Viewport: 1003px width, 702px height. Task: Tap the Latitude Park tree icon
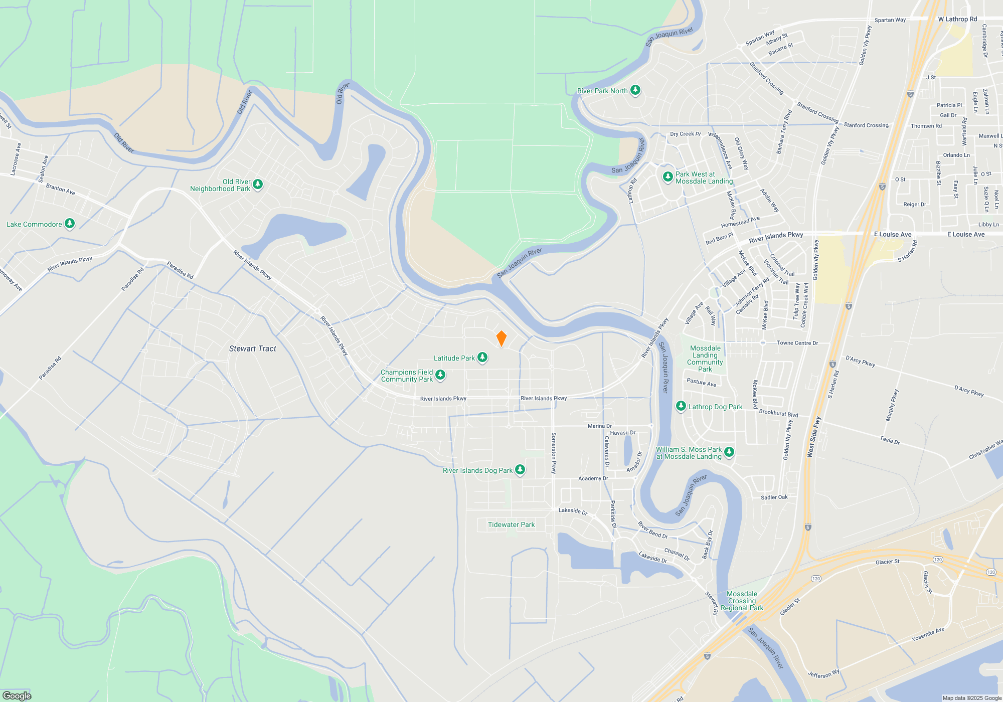pos(482,358)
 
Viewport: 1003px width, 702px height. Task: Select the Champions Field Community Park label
pos(407,376)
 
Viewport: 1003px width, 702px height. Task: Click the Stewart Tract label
pos(253,348)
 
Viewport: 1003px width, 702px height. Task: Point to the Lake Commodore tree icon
pos(70,224)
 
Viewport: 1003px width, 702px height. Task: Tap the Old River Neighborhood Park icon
pos(258,185)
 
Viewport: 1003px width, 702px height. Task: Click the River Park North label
pos(602,91)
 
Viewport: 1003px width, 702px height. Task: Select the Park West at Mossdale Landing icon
pos(667,177)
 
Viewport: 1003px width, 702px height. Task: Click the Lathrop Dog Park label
pos(715,407)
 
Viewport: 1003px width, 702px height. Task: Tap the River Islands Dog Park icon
pos(520,470)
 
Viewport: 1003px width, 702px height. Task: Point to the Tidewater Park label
pos(511,524)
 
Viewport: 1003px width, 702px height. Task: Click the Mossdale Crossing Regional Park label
pos(742,601)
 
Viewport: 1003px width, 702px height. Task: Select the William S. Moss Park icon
pos(729,452)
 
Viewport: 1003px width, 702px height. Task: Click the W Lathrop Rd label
pos(957,19)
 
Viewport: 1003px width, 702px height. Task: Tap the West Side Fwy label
pos(813,437)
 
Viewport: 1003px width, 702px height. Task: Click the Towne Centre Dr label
pos(797,343)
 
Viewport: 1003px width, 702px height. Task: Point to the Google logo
pos(17,695)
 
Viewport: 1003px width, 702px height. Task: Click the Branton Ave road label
pos(60,189)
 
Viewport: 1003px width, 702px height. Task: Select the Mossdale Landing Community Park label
pos(705,359)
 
